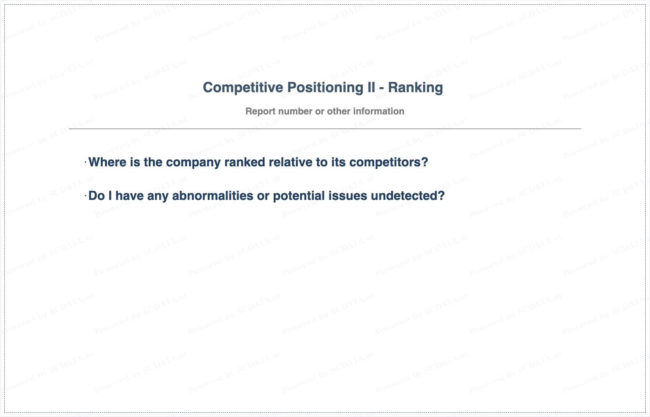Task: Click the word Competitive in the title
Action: [x=243, y=87]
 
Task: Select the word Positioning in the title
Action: [x=325, y=87]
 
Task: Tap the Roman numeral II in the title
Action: [x=371, y=87]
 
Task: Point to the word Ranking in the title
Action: [x=415, y=88]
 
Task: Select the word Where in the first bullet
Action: [x=108, y=162]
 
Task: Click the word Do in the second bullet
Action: [x=97, y=196]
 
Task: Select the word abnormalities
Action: [x=213, y=196]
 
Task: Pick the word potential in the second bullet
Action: [x=299, y=196]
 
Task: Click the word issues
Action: [x=347, y=196]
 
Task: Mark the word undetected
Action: [x=408, y=196]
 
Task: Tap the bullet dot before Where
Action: [x=85, y=162]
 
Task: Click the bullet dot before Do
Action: [x=85, y=196]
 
